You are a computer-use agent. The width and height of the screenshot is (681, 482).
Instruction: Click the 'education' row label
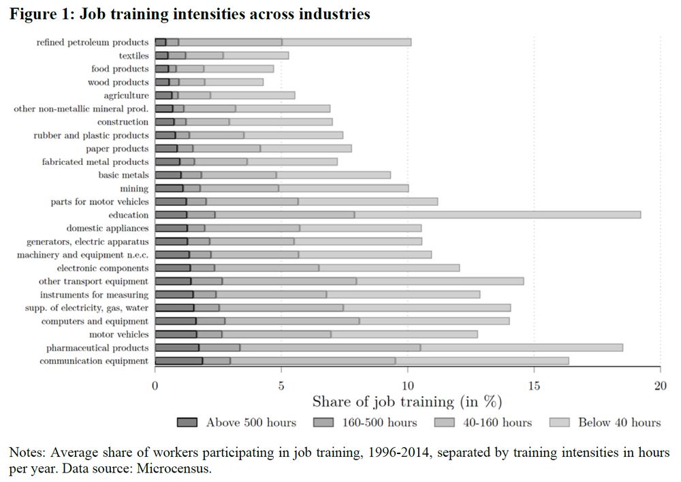[128, 215]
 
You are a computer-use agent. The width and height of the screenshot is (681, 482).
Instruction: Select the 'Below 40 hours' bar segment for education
[498, 215]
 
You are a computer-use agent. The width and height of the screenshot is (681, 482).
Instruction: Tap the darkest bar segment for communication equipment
[178, 361]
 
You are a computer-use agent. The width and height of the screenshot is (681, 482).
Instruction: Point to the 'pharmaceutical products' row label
[97, 348]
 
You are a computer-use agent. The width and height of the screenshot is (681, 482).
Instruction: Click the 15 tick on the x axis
[534, 384]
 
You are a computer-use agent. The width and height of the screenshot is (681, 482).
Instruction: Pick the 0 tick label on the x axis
[155, 384]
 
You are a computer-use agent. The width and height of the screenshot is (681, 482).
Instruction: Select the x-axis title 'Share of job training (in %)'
[407, 401]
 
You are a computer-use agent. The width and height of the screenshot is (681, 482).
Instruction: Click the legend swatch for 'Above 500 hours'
[187, 423]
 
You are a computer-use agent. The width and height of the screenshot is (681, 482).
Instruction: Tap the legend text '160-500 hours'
[384, 423]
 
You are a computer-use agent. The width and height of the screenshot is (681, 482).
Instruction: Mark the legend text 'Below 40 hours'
[619, 423]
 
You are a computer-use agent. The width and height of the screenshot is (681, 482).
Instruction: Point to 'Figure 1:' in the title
[41, 14]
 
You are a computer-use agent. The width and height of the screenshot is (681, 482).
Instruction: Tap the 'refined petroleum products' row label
[93, 42]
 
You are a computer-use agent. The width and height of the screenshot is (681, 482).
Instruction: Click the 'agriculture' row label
[126, 95]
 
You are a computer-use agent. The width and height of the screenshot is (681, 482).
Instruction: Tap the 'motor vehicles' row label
[118, 334]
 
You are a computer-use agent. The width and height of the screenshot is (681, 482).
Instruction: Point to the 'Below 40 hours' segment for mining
[343, 188]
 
